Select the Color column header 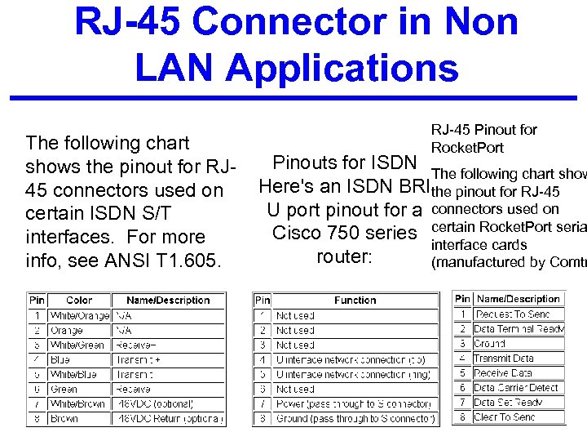pyautogui.click(x=78, y=300)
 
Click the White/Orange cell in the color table pyautogui.click(x=78, y=315)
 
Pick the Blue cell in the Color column pyautogui.click(x=61, y=360)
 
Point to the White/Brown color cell pyautogui.click(x=78, y=404)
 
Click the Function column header pyautogui.click(x=355, y=301)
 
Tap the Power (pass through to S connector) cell pyautogui.click(x=353, y=404)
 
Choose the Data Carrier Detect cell pyautogui.click(x=515, y=388)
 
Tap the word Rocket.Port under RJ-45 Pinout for pyautogui.click(x=467, y=148)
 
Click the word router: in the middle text pyautogui.click(x=344, y=256)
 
